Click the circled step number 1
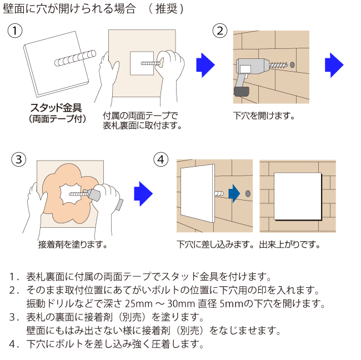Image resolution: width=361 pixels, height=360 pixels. point(16,31)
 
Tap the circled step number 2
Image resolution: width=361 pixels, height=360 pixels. point(220,31)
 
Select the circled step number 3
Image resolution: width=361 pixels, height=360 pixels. point(19,159)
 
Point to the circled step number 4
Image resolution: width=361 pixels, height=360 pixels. point(160,159)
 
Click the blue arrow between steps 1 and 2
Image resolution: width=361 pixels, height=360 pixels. point(205,65)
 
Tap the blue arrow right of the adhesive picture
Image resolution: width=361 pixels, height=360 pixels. point(143,193)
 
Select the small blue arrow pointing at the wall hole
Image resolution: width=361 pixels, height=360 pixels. point(234,193)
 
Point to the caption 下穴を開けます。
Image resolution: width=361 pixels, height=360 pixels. point(263,116)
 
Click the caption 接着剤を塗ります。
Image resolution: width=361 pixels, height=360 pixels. point(72,244)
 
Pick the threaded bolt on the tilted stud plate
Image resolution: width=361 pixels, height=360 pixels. point(75,58)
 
